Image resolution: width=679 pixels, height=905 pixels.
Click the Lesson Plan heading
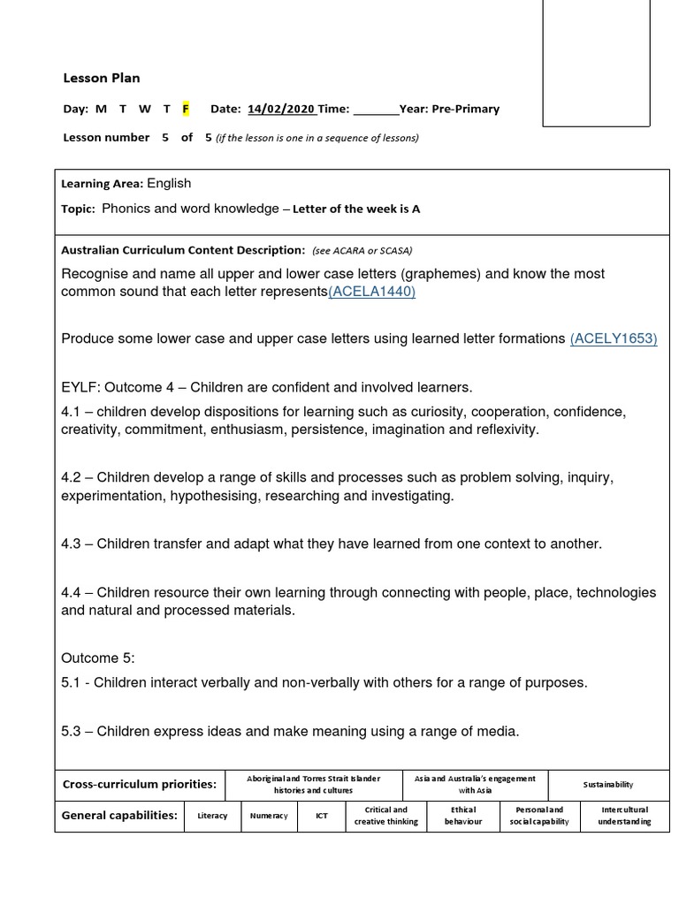(101, 78)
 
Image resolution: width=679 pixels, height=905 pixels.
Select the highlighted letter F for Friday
(186, 109)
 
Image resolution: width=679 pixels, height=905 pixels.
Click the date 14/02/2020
(281, 109)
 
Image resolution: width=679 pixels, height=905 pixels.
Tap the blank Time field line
(376, 110)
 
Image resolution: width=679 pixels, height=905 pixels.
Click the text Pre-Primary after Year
(466, 109)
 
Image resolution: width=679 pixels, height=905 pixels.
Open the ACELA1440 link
(371, 292)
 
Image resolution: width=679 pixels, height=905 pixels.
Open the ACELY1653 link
(614, 338)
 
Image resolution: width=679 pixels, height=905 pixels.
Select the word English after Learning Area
(169, 183)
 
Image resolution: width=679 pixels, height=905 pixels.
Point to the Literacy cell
(212, 816)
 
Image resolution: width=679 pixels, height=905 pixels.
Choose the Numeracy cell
(268, 816)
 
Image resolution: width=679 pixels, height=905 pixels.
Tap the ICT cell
(322, 816)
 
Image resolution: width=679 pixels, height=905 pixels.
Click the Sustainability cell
(608, 785)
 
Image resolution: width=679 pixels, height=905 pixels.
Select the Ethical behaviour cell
(463, 816)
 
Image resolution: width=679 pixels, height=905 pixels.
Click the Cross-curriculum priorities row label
(139, 785)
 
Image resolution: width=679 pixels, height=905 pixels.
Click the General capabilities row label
(119, 816)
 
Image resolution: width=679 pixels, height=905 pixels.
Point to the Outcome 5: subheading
(97, 658)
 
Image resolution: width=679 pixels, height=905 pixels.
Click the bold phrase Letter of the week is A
(356, 209)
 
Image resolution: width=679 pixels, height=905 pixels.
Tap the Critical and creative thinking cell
(386, 816)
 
